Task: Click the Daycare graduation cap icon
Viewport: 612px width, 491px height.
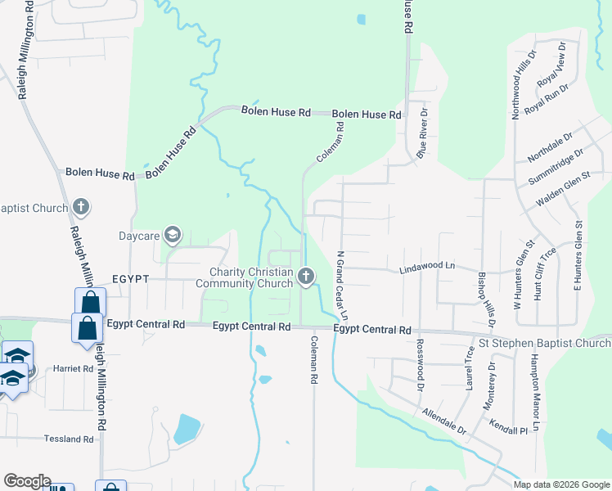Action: (x=173, y=236)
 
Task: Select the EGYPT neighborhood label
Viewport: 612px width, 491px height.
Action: (x=131, y=279)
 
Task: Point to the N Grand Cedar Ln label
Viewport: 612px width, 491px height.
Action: (x=343, y=286)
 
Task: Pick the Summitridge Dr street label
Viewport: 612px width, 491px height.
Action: (x=556, y=164)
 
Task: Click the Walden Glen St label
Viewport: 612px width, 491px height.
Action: (x=563, y=189)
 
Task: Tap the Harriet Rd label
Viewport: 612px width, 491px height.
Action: (x=74, y=368)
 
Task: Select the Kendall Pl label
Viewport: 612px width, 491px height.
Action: (x=508, y=430)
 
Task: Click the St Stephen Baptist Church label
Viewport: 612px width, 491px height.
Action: (x=544, y=343)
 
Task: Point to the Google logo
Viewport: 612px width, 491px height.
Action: (x=27, y=481)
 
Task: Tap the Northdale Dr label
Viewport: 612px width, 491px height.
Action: (x=551, y=145)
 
